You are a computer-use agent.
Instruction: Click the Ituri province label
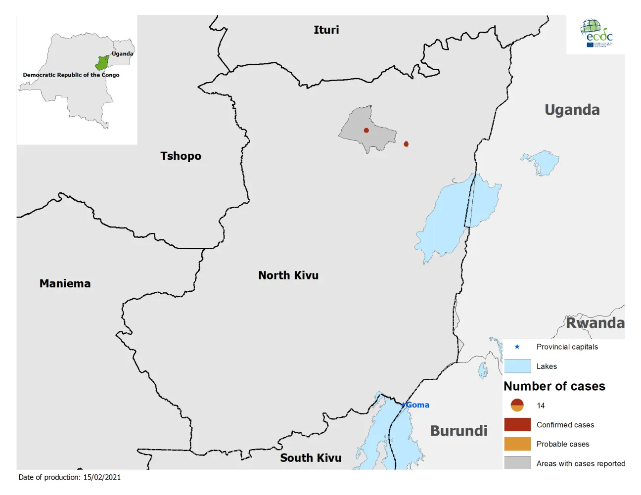coord(326,30)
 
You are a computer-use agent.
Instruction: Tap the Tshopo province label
coord(181,156)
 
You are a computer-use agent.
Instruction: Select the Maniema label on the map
coord(65,284)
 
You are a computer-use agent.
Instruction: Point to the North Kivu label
coord(288,275)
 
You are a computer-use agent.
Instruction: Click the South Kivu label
coord(311,458)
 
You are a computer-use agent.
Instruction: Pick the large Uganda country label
coord(572,110)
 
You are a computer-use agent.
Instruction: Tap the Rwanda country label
coord(595,323)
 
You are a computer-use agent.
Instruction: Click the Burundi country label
coord(458,431)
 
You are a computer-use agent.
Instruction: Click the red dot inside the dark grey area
coord(366,131)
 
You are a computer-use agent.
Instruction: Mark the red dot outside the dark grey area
coord(406,144)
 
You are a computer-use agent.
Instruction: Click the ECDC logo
coord(596,34)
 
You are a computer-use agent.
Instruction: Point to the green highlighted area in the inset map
coord(102,63)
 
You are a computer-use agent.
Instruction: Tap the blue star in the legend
coord(517,347)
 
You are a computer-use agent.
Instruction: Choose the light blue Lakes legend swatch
coord(517,366)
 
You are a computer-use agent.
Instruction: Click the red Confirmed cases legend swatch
coord(517,425)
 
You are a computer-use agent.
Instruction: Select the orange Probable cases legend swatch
coord(517,444)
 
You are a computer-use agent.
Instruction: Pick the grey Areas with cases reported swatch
coord(517,463)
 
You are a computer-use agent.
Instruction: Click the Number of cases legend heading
coord(554,386)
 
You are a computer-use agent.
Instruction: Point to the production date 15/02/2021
coord(102,477)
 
